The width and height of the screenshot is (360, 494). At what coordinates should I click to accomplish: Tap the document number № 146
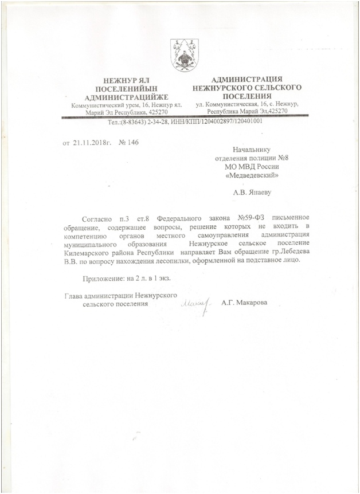click(128, 142)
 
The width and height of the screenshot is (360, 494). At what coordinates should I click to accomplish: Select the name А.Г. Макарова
click(245, 303)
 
